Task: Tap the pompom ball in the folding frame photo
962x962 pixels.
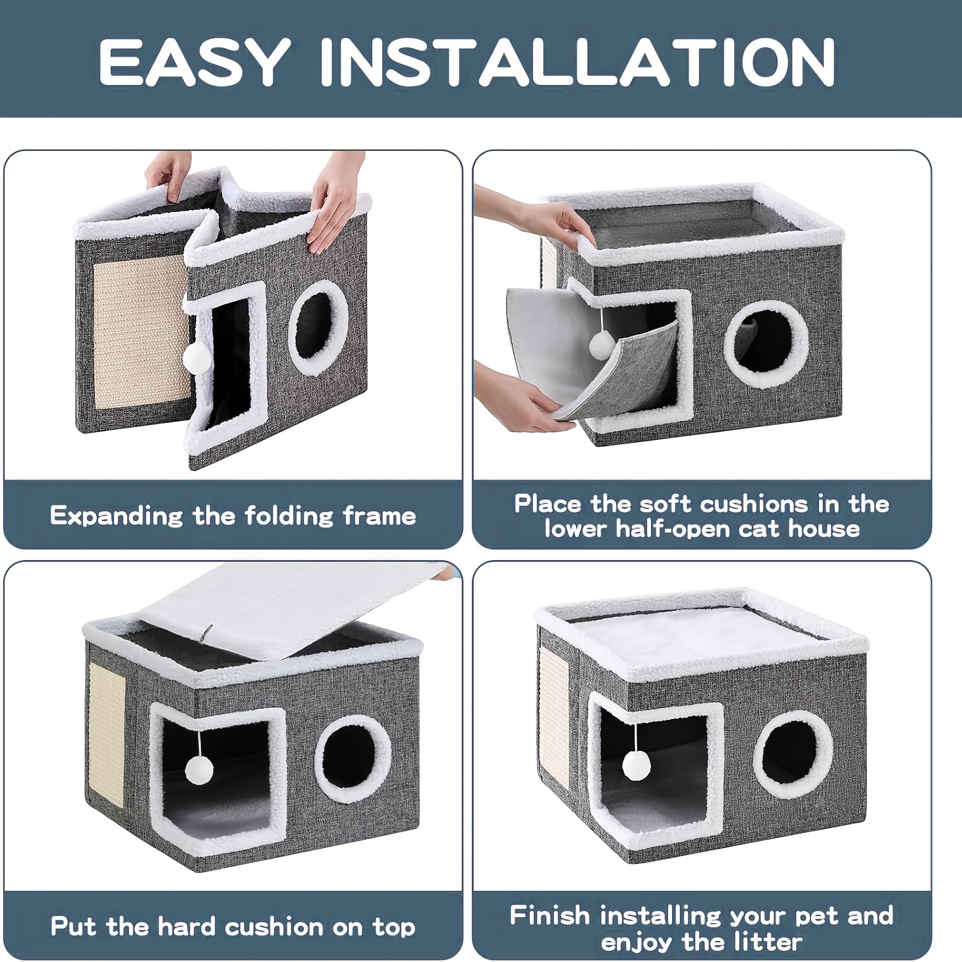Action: coord(197,357)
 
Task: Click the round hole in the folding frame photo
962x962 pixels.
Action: coord(318,327)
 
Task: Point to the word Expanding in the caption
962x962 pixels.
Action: coord(117,516)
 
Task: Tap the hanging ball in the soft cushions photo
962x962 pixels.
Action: coord(602,345)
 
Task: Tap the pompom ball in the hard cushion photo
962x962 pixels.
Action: coord(199,770)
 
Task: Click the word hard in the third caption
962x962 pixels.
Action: coord(186,926)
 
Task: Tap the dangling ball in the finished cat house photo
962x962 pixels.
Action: coord(636,766)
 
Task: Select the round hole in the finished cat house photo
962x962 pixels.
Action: coord(793,754)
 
